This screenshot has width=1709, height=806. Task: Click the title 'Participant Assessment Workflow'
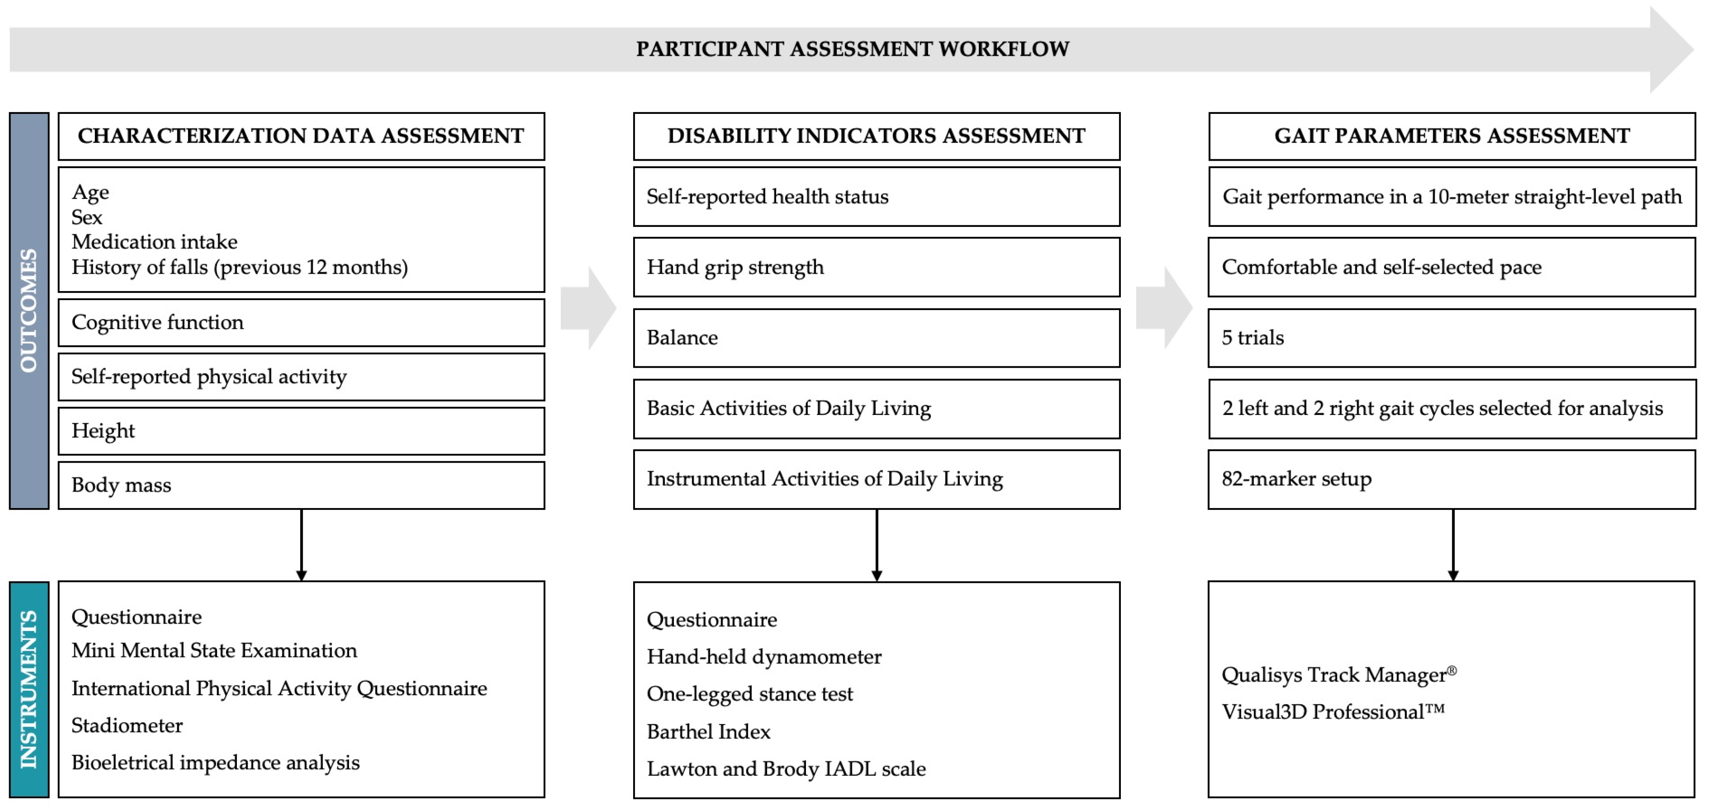point(852,49)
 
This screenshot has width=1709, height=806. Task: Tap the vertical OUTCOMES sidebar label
point(29,311)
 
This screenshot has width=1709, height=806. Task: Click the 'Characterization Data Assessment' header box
point(301,136)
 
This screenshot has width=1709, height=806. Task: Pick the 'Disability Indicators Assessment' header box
point(877,136)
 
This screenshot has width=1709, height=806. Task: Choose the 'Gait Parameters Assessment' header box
point(1452,136)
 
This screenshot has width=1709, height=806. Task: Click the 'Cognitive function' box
point(301,322)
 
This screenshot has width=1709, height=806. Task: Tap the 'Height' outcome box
point(301,431)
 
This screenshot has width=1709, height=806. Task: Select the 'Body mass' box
point(301,486)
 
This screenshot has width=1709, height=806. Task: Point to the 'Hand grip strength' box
point(877,267)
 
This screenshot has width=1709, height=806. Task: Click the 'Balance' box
point(877,338)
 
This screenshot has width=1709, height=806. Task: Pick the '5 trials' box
point(1452,338)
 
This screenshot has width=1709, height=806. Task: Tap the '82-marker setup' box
point(1452,479)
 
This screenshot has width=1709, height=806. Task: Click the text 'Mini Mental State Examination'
point(214,650)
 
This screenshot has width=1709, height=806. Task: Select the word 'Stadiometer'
point(127,725)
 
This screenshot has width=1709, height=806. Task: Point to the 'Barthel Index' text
point(709,732)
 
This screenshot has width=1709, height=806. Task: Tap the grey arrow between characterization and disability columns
point(589,308)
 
